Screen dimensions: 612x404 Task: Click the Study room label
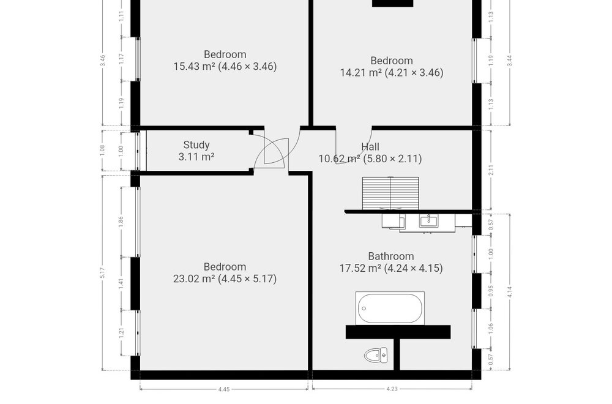tap(196, 145)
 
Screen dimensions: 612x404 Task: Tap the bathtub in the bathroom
tap(390, 309)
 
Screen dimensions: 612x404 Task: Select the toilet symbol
tap(376, 355)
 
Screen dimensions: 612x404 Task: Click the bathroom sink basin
tap(429, 220)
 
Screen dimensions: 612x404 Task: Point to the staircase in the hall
tap(390, 193)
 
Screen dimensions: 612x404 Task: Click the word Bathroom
tap(391, 256)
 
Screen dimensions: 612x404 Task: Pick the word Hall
tap(370, 147)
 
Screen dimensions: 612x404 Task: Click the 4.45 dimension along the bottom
tap(224, 389)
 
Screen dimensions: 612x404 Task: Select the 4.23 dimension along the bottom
tap(392, 389)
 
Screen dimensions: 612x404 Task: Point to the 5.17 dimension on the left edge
tap(103, 272)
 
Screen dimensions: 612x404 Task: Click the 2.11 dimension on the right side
tap(491, 170)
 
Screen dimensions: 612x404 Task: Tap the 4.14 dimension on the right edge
tap(509, 292)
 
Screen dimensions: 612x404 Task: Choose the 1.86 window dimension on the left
tap(121, 222)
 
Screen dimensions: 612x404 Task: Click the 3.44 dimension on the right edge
tap(509, 61)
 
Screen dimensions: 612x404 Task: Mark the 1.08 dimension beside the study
tap(103, 151)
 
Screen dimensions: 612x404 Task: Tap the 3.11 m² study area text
tap(196, 157)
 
